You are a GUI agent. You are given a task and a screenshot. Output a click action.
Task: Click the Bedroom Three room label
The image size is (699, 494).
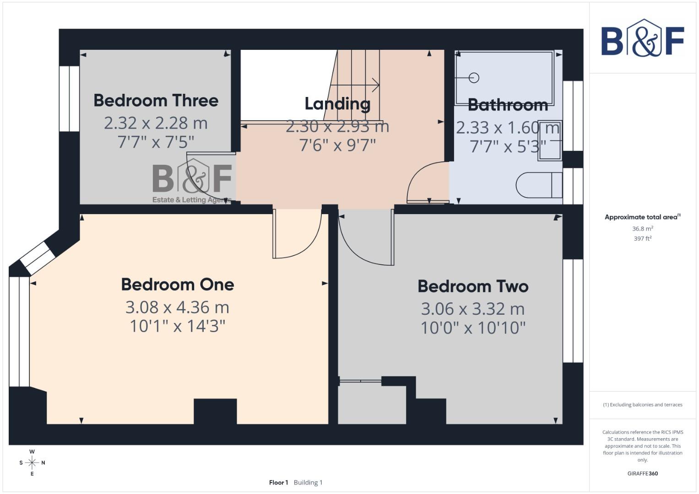(156, 101)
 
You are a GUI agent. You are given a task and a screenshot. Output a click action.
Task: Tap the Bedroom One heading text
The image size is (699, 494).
(178, 285)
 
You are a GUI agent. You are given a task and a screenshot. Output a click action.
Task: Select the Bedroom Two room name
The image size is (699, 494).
(473, 286)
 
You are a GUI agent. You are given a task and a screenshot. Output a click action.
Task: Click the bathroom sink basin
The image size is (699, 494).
(549, 140)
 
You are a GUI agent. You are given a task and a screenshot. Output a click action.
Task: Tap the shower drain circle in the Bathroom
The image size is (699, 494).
(474, 78)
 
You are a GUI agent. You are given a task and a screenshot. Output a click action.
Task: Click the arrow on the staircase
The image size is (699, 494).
(375, 85)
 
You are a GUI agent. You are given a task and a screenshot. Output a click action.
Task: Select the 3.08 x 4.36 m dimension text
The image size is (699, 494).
(178, 307)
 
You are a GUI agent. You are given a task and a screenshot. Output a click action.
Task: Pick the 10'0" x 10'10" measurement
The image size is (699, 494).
(473, 328)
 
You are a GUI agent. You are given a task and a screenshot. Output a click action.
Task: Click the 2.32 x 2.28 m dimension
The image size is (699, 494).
(156, 123)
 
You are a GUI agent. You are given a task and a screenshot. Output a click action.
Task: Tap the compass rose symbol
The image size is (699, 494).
(32, 462)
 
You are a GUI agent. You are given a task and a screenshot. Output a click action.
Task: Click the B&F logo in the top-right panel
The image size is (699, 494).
(642, 38)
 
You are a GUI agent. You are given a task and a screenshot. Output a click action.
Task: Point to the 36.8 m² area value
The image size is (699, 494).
(642, 229)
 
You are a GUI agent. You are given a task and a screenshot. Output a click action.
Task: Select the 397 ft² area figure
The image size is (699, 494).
(642, 238)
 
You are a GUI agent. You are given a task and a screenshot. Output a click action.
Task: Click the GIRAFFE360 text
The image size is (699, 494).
(642, 473)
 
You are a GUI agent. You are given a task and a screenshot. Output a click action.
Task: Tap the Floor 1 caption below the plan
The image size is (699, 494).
(278, 482)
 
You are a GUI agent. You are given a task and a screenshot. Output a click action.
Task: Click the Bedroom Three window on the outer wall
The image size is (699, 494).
(70, 99)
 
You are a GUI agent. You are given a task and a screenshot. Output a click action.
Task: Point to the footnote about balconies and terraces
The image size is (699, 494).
(642, 405)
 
